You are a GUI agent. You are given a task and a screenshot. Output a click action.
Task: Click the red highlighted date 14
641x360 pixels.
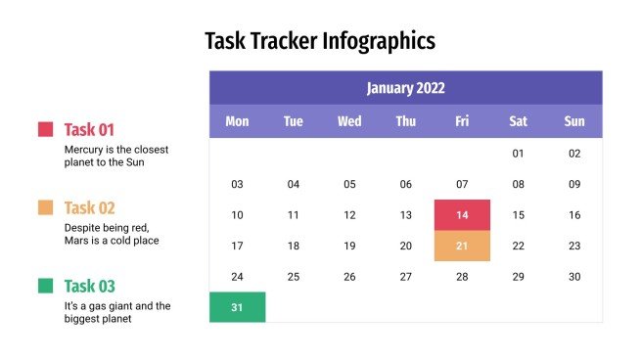(x=462, y=215)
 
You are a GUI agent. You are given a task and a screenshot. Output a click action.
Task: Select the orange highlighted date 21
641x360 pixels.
(x=462, y=246)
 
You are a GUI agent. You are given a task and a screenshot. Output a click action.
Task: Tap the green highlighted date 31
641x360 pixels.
(x=237, y=307)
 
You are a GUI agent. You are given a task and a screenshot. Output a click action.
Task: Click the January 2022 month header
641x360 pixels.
(x=405, y=88)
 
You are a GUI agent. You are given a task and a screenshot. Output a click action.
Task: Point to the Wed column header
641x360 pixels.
(x=349, y=121)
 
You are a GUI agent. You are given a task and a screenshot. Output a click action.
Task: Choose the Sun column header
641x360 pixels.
(x=574, y=121)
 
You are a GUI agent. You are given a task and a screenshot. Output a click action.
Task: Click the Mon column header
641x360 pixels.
(x=237, y=121)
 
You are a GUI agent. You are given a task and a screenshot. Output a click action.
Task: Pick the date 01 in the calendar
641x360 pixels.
(x=519, y=154)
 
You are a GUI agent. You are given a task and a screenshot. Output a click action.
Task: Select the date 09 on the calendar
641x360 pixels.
(x=574, y=184)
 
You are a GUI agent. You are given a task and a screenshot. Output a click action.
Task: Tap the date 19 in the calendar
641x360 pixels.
(x=349, y=246)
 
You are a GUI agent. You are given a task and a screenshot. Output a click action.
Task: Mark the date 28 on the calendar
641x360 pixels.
(x=462, y=277)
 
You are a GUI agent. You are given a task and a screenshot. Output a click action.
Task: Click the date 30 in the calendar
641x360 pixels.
(x=574, y=277)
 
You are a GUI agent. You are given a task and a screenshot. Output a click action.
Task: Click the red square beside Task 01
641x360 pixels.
(x=45, y=129)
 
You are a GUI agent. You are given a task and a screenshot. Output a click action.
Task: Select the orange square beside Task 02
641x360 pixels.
(x=45, y=207)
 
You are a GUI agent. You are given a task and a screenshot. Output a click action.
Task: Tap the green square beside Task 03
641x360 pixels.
(x=45, y=286)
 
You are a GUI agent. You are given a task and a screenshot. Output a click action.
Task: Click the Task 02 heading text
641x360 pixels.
(x=90, y=207)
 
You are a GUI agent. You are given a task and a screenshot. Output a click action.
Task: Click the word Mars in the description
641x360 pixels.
(x=77, y=240)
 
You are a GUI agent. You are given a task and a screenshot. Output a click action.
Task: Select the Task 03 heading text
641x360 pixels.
(x=90, y=286)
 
